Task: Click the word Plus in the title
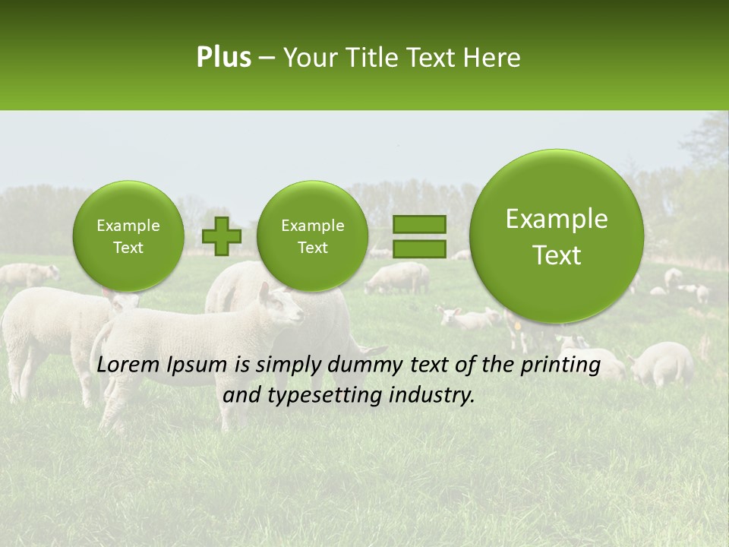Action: tap(223, 58)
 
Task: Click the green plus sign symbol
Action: tap(221, 236)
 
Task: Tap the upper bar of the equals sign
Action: tap(418, 225)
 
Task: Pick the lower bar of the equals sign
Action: tap(418, 249)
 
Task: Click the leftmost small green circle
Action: tap(128, 236)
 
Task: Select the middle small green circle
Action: tap(312, 236)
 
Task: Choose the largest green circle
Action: tap(557, 236)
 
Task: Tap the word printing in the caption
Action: tap(560, 365)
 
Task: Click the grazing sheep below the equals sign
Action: tap(396, 279)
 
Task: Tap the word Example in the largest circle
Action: tap(557, 219)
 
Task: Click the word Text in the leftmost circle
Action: tap(128, 248)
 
